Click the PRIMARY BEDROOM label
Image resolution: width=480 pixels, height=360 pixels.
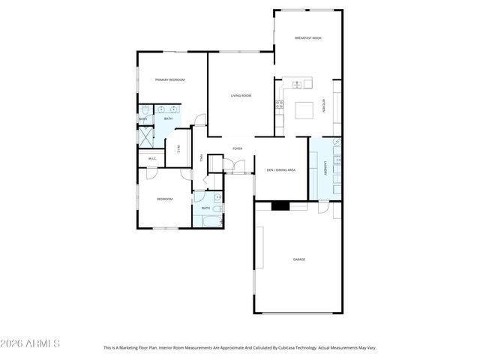[169, 79]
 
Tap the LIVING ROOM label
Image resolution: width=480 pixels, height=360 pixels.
[241, 95]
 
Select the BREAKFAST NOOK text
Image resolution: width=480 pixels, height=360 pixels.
[308, 37]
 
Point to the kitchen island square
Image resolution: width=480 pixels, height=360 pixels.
[304, 109]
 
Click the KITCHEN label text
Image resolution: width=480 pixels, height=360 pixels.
[324, 106]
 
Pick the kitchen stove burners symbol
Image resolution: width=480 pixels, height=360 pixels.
[279, 103]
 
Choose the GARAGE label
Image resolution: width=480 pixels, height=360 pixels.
[299, 259]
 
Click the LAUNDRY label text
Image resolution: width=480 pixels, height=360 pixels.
[325, 169]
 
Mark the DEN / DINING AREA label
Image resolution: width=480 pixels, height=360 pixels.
[281, 170]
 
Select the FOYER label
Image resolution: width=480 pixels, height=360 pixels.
[237, 148]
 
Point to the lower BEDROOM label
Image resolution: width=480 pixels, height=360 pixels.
[165, 199]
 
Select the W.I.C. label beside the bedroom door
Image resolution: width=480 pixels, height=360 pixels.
[152, 158]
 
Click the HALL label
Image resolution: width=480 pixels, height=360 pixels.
[201, 157]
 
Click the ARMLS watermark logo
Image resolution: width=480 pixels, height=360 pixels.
[31, 343]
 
